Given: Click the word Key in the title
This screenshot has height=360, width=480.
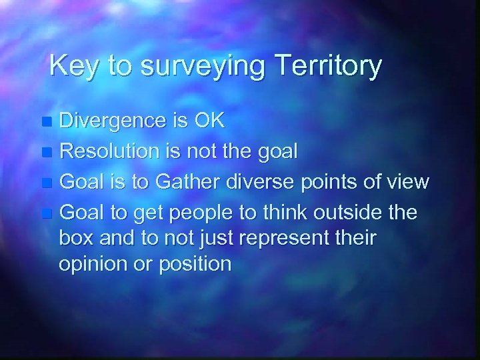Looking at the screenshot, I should click(x=70, y=66).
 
